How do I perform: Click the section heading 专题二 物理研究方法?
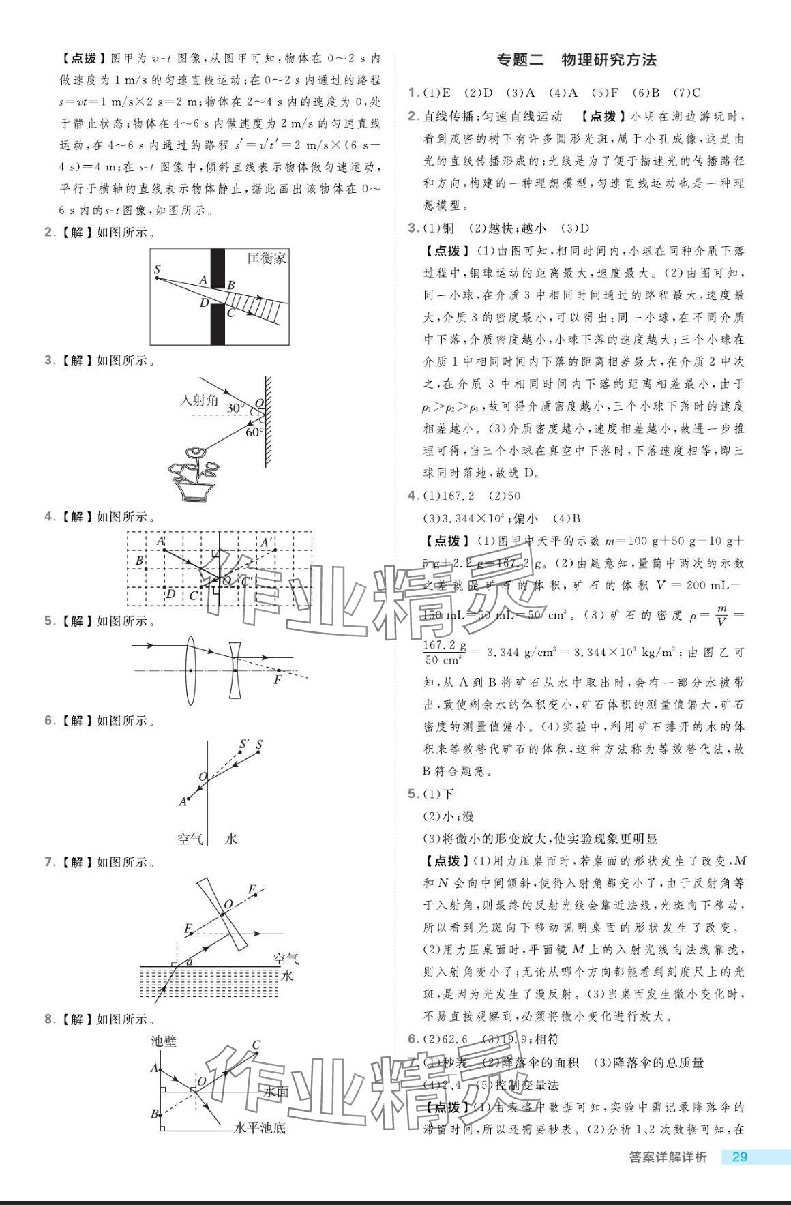pos(577,60)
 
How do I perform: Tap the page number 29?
pos(739,1157)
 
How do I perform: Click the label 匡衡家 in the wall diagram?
pos(267,258)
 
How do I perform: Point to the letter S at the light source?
pos(158,270)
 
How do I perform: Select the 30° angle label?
pos(235,408)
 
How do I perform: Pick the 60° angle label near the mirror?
pos(254,432)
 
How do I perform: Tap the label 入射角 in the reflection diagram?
pos(198,400)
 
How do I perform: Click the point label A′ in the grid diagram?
pos(267,543)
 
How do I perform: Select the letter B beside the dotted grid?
pos(140,561)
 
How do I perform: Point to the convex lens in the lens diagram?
pos(190,671)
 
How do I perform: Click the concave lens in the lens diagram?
pos(235,671)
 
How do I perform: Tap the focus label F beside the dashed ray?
pos(278,680)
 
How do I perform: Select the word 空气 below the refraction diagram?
pos(190,839)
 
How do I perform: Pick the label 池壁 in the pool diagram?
pos(164,1041)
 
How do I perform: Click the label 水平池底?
pos(260,1128)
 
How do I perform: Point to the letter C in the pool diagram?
pos(256,1045)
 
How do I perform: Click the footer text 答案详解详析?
pos(667,1157)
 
